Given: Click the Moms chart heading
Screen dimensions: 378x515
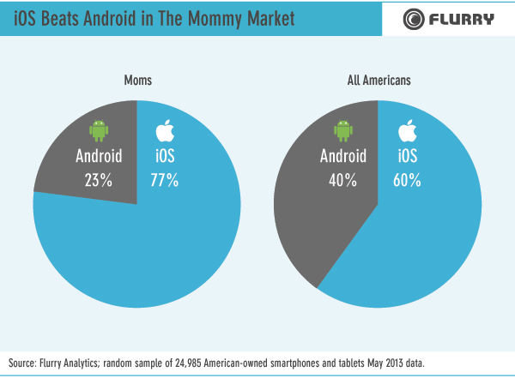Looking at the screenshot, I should click(136, 81).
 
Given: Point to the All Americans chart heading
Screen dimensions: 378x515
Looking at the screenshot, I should click(379, 81).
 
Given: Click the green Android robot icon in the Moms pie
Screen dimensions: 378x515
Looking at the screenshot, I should click(98, 130).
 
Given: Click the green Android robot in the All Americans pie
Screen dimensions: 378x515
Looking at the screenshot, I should click(343, 130).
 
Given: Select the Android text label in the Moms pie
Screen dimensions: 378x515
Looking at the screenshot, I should click(100, 157).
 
